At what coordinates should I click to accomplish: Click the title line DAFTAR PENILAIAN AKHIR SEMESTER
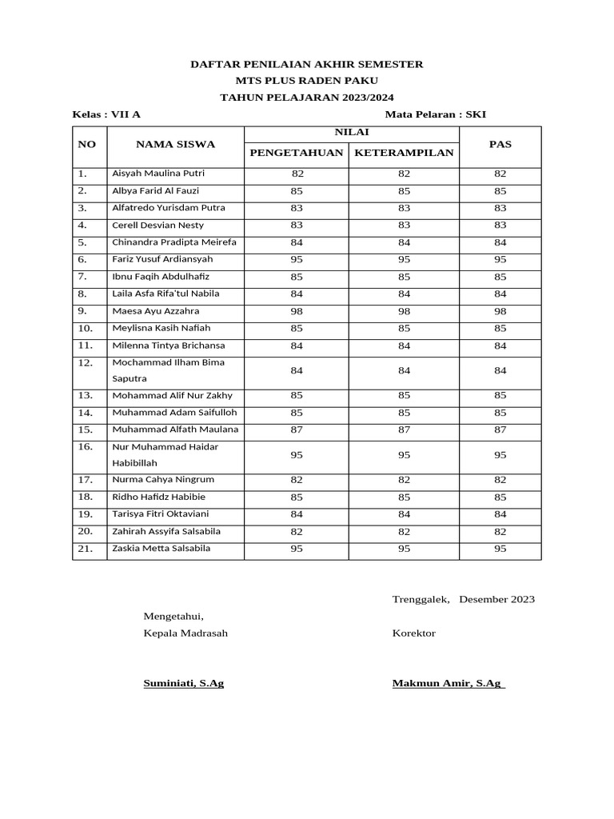coord(306,64)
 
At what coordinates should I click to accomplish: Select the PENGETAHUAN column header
coord(296,152)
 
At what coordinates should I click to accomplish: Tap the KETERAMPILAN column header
coord(404,152)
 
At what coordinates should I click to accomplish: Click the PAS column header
coord(500,144)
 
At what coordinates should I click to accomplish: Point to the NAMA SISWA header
coord(175,144)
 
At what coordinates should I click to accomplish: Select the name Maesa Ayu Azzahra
coord(156,311)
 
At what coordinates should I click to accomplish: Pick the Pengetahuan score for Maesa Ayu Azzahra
coord(297,311)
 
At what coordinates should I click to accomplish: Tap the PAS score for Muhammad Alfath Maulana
coord(500,430)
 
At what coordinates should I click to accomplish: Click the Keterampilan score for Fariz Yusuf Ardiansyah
coord(404,260)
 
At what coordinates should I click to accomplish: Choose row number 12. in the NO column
coord(86,363)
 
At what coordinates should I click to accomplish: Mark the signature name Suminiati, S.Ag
coord(183,684)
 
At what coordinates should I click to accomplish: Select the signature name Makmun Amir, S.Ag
coord(448,684)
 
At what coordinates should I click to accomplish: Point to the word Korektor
coord(413,633)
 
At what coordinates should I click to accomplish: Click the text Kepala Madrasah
coord(185,633)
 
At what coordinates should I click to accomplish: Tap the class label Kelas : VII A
coord(106,114)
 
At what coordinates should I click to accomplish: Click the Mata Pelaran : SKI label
coord(435,114)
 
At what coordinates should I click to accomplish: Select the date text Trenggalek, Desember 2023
coord(463,599)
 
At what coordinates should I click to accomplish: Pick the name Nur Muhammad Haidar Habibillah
coord(165,455)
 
